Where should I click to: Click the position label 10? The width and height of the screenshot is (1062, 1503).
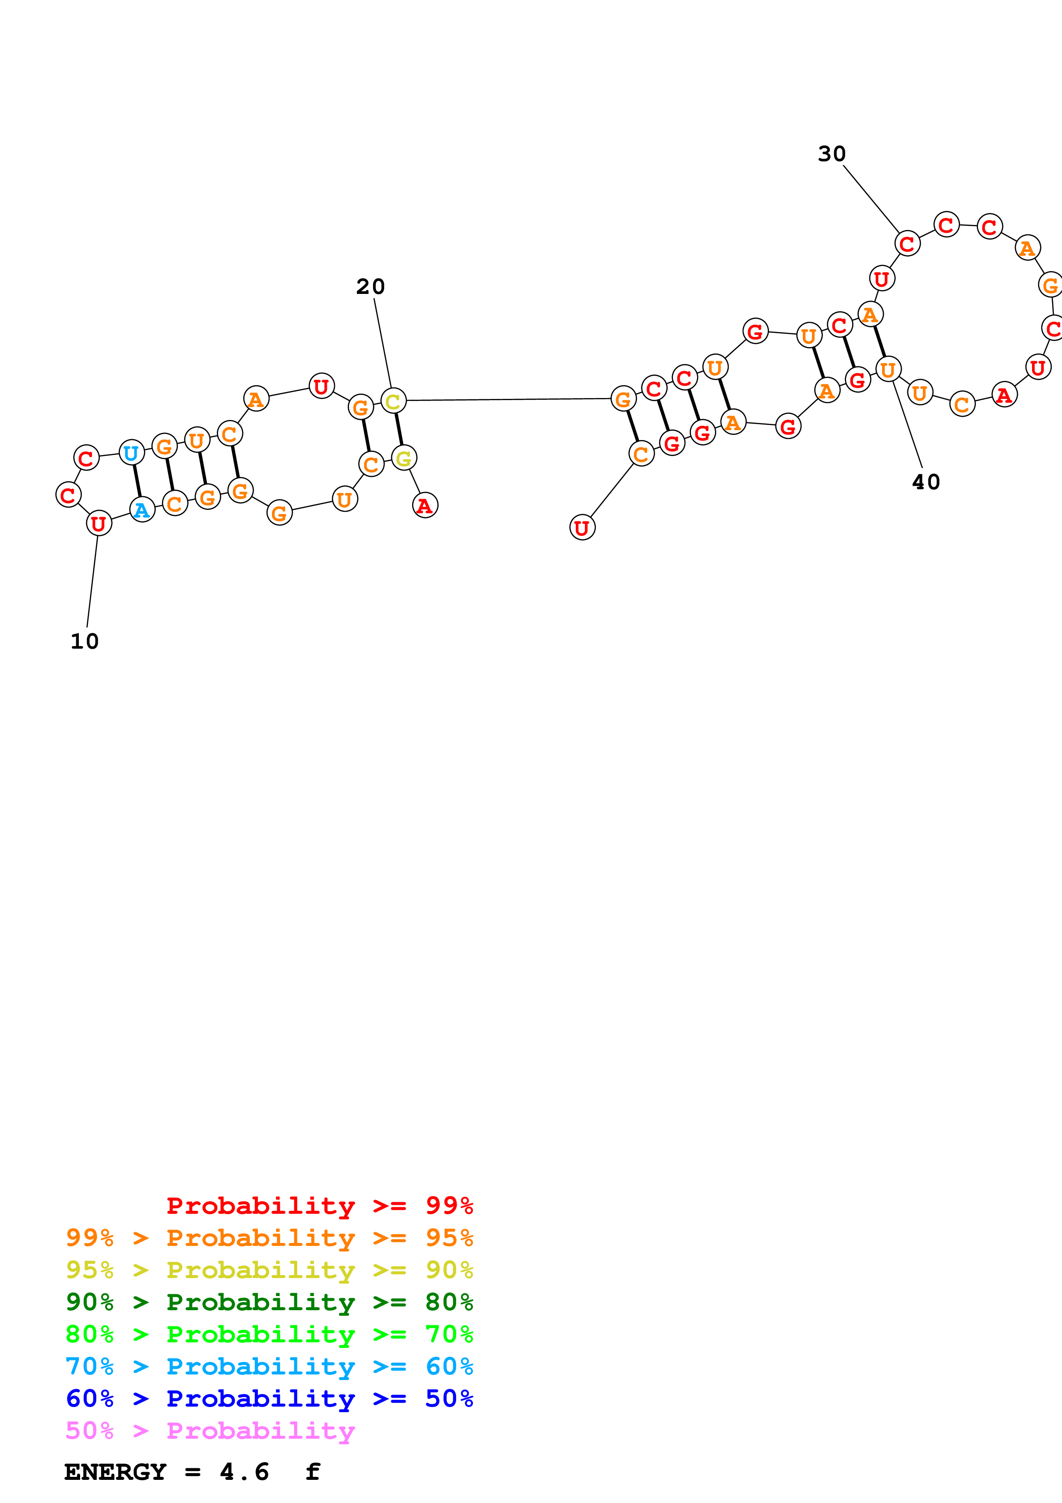(x=84, y=641)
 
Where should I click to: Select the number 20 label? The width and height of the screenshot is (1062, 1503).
(x=371, y=287)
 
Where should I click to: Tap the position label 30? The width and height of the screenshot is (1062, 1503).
(x=832, y=154)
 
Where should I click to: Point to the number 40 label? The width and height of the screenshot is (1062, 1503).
(x=926, y=482)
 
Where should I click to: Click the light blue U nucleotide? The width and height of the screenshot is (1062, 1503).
(x=132, y=453)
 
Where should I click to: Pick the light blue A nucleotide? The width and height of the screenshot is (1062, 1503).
(x=142, y=510)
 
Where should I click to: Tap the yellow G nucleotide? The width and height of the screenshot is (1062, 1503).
(x=404, y=458)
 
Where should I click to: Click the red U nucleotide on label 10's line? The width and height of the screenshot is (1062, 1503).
(x=99, y=524)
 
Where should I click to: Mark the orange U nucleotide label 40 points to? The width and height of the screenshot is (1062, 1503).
(x=888, y=370)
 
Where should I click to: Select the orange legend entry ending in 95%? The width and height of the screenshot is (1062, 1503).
(x=269, y=1238)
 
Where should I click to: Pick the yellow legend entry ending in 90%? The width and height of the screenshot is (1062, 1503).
(x=269, y=1270)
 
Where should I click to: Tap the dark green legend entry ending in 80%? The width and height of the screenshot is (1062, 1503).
(x=269, y=1302)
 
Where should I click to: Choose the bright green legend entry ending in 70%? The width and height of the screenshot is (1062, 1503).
(x=269, y=1334)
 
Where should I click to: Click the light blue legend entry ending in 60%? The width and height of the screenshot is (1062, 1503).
(x=269, y=1366)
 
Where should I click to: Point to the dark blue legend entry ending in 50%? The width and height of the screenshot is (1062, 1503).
(x=269, y=1398)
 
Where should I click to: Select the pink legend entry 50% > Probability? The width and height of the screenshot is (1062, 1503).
(x=210, y=1430)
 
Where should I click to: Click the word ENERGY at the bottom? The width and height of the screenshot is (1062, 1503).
(x=115, y=1472)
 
